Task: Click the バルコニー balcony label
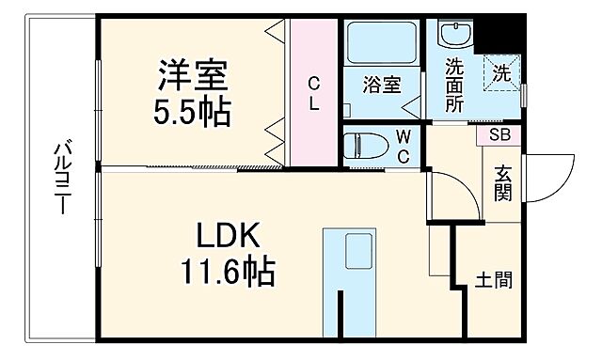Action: [x=61, y=179]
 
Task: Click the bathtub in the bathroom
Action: [x=384, y=42]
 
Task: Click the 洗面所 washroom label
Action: [x=455, y=85]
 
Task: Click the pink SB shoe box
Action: [x=498, y=134]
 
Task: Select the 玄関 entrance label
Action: [x=501, y=185]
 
